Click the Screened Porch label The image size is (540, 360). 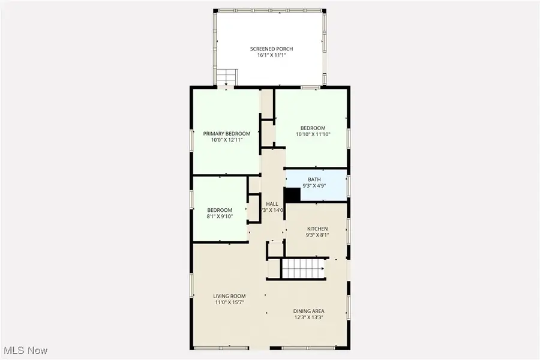(271, 48)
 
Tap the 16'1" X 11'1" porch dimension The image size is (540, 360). (271, 55)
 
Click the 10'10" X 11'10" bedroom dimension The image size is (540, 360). (313, 134)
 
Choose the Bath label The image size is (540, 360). (314, 179)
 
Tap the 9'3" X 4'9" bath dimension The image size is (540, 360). (314, 186)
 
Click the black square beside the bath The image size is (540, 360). (292, 196)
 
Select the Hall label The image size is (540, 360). (271, 204)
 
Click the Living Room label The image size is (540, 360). (230, 296)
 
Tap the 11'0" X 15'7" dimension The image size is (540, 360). (230, 303)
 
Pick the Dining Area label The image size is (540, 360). (309, 311)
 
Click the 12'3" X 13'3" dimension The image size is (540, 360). (309, 318)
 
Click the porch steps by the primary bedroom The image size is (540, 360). (227, 77)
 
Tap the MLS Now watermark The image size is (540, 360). (26, 350)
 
